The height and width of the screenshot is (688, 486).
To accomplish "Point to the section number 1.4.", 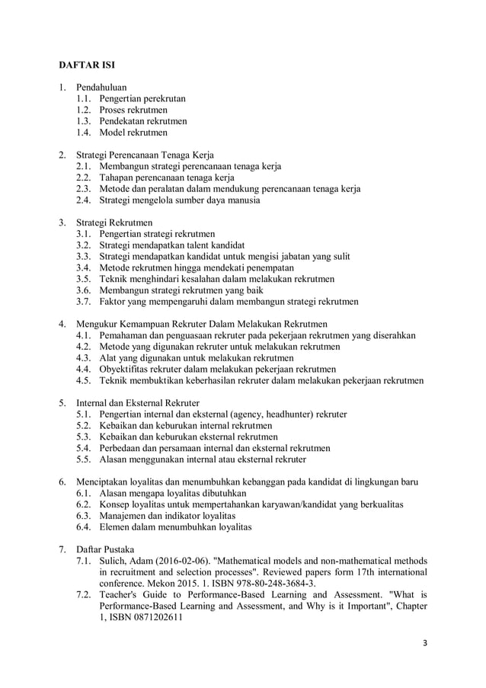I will tap(83, 133).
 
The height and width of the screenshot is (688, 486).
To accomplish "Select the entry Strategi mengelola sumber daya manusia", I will tap(180, 200).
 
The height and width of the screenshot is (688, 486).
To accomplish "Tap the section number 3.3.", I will tap(83, 257).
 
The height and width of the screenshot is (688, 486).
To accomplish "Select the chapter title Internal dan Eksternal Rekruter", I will tap(138, 403).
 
